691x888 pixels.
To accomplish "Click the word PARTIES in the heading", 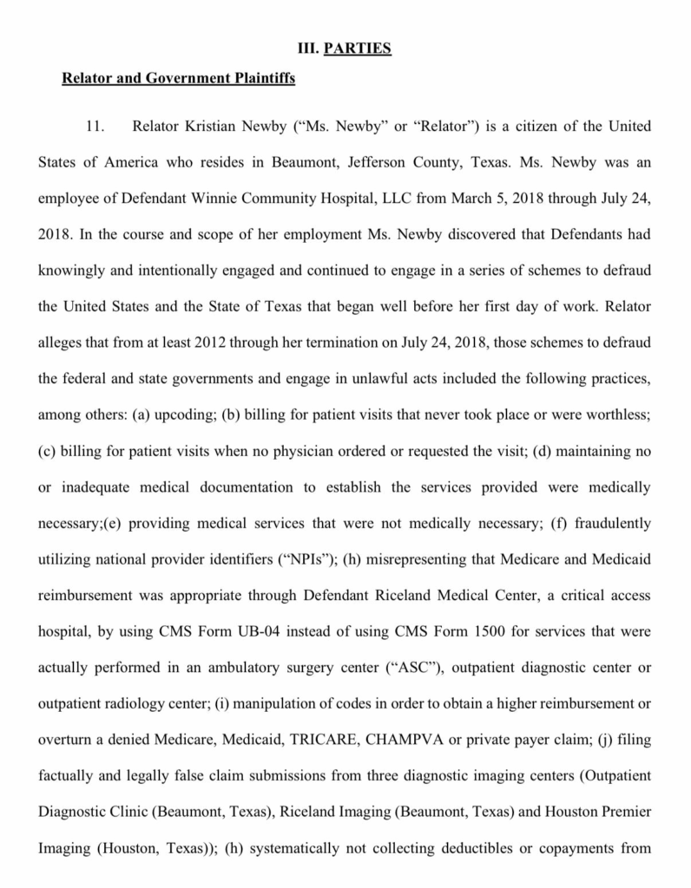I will pyautogui.click(x=358, y=49).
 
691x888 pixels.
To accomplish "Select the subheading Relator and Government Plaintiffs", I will pyautogui.click(x=179, y=79).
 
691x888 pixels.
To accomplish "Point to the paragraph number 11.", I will pyautogui.click(x=95, y=127).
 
